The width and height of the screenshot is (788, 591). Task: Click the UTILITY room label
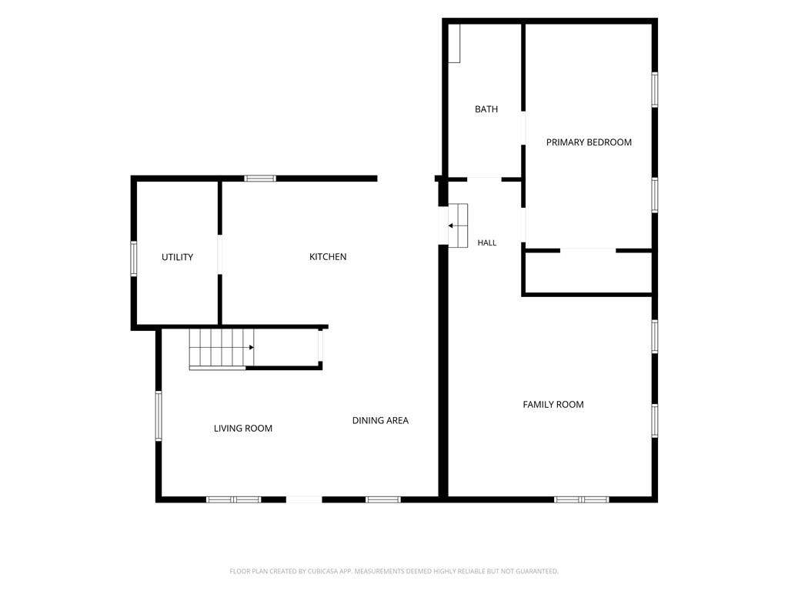coord(178,257)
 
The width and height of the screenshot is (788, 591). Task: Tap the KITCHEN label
coord(328,257)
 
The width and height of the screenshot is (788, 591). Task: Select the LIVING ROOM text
coord(243,428)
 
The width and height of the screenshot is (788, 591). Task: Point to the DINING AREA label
coord(380,421)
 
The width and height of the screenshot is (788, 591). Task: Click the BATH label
coord(486,109)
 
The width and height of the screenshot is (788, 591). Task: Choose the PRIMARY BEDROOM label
coord(589,142)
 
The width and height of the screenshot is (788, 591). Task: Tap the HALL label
coord(487,242)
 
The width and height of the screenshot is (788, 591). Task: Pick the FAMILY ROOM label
coord(553,405)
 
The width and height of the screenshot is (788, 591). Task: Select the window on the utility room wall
coord(134,259)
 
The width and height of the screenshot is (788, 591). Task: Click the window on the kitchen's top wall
coord(260,179)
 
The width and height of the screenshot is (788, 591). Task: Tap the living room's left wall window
coord(159,416)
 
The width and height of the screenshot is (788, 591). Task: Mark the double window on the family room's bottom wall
coord(582,499)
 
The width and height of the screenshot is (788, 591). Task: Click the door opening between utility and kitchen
coord(219,254)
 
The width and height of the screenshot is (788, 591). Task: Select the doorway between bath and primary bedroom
coord(523,129)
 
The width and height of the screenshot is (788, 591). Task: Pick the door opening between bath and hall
coord(485,179)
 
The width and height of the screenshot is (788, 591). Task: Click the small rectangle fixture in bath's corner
coord(454,44)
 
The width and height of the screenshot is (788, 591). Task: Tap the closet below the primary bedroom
coord(588,272)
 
